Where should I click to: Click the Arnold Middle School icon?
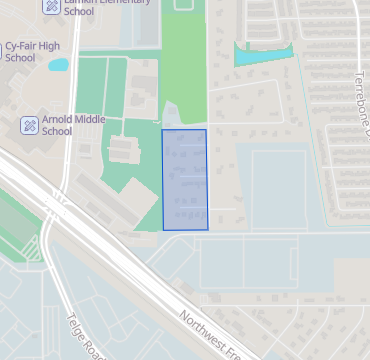coord(30,125)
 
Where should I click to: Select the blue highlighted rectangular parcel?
coord(185,180)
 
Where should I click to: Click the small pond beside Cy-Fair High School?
coord(58,65)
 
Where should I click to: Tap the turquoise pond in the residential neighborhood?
coord(262,55)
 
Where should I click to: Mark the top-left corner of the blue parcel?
coord(163,130)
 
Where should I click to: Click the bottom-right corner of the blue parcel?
coord(207,229)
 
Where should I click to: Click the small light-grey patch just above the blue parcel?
coord(172,115)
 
